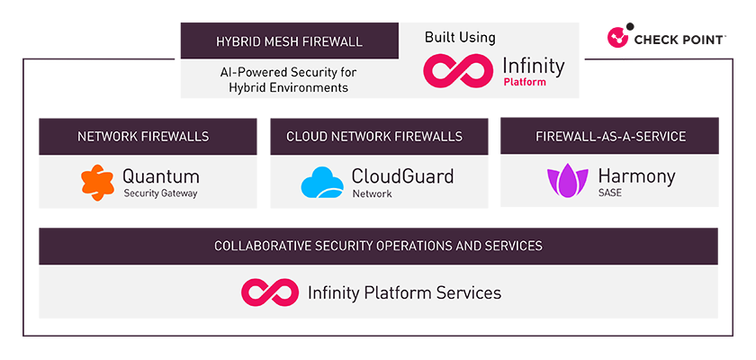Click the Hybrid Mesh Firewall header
point(289,41)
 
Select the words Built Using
point(460,38)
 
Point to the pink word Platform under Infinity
point(525,82)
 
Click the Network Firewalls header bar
point(143,137)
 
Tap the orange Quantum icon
point(96,182)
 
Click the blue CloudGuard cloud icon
point(322,183)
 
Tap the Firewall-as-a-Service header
point(610,137)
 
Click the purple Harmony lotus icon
point(567,182)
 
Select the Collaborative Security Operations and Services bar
point(378,246)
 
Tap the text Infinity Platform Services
point(404,292)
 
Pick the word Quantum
point(161,176)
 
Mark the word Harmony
point(635,175)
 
